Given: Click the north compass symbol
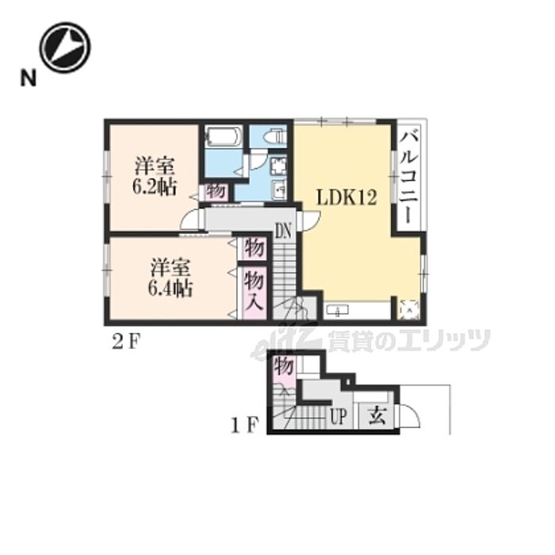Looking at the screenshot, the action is (65, 48).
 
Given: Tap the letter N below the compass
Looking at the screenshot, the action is (29, 78).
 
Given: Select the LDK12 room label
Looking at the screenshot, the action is (346, 197).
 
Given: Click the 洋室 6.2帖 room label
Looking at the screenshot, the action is (155, 177).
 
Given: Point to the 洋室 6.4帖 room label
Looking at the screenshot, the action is (170, 277).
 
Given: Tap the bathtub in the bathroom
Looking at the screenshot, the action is (224, 137).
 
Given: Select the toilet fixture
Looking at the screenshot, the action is (274, 136).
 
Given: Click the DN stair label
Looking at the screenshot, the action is (284, 232).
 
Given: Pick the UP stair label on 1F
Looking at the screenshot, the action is (338, 416).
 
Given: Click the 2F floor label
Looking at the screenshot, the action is (126, 343).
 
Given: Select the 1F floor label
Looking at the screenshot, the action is (244, 425).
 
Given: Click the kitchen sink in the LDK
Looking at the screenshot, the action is (337, 311).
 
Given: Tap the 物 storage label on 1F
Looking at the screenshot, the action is (284, 366).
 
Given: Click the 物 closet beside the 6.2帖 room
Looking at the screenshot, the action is (216, 192).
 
